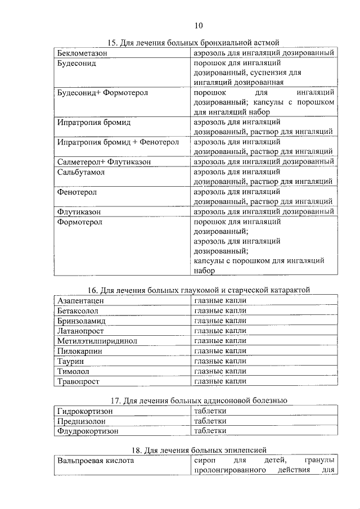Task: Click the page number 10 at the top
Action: (199, 25)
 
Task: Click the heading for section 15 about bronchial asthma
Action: (193, 43)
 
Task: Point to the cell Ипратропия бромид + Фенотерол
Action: (118, 142)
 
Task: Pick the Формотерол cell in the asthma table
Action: (80, 222)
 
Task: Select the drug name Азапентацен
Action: (80, 300)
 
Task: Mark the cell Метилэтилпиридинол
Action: (97, 341)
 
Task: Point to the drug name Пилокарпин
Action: (80, 351)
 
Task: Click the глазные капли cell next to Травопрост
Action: (220, 381)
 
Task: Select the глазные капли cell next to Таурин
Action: (220, 361)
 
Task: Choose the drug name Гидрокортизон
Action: (85, 411)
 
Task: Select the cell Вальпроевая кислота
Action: (96, 461)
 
